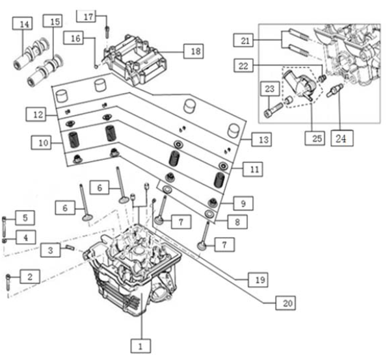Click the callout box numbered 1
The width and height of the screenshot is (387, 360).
pyautogui.click(x=140, y=346)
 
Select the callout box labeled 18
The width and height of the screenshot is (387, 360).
pyautogui.click(x=194, y=51)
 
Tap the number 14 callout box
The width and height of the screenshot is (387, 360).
pyautogui.click(x=22, y=23)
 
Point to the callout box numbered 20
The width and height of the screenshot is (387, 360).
pyautogui.click(x=286, y=303)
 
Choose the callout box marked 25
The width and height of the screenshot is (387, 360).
pyautogui.click(x=315, y=138)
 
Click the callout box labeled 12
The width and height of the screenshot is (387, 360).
pyautogui.click(x=36, y=114)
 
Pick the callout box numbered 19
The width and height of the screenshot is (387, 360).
pyautogui.click(x=258, y=279)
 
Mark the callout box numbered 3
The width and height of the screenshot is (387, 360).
pyautogui.click(x=50, y=250)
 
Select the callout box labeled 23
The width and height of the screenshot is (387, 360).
pyautogui.click(x=269, y=88)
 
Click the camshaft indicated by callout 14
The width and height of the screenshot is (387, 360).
pyautogui.click(x=31, y=53)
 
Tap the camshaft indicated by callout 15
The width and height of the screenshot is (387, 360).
pyautogui.click(x=45, y=70)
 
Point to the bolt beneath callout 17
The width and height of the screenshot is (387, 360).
pyautogui.click(x=107, y=32)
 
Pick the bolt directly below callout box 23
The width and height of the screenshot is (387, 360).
pyautogui.click(x=273, y=110)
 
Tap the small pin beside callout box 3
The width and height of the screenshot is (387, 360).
pyautogui.click(x=70, y=247)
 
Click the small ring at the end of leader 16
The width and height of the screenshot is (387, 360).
pyautogui.click(x=96, y=66)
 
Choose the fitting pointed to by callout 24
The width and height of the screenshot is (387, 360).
pyautogui.click(x=334, y=90)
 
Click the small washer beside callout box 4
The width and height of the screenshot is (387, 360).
pyautogui.click(x=4, y=240)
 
